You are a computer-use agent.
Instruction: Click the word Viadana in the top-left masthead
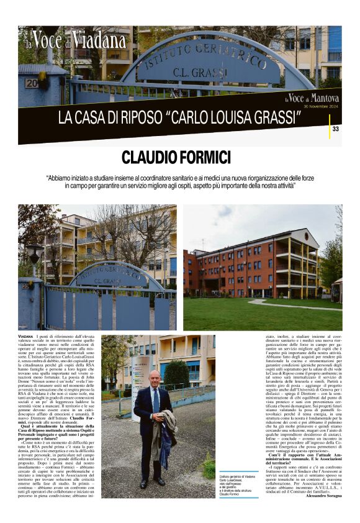click(99, 40)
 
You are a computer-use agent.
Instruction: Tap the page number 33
click(335, 129)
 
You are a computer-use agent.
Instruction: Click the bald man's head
click(155, 378)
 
